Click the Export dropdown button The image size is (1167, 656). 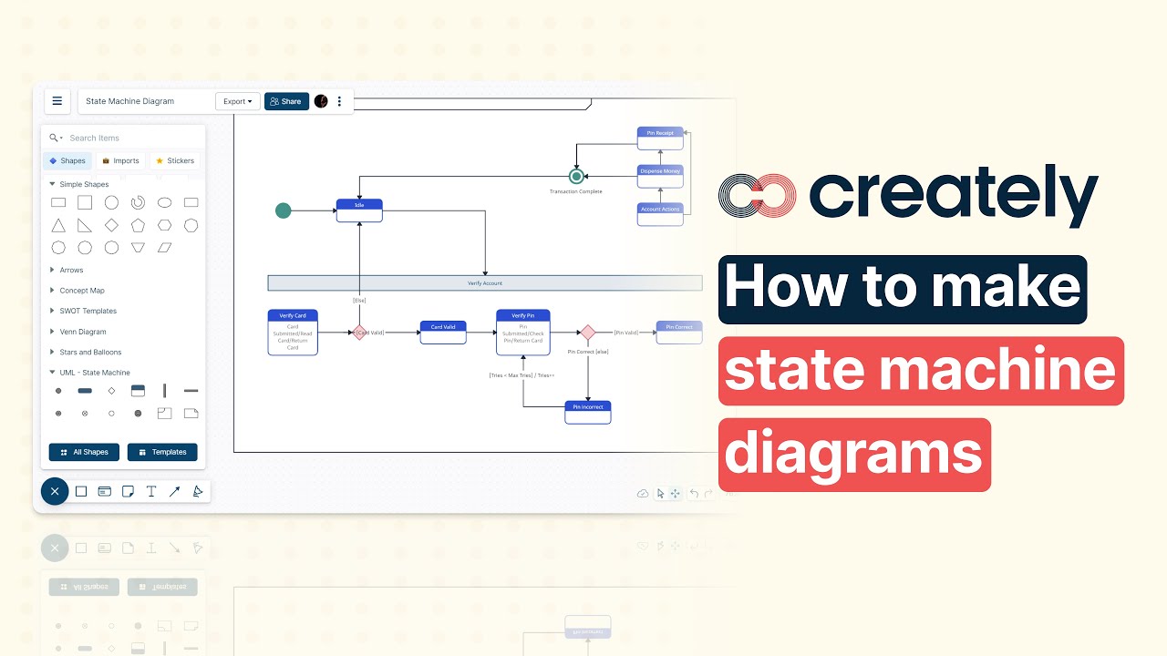[x=238, y=101]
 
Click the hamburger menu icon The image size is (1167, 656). [x=57, y=101]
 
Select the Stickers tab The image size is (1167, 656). [x=175, y=161]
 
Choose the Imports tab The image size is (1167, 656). [x=120, y=161]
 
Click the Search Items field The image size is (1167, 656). [x=128, y=138]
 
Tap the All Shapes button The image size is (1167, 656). [x=84, y=452]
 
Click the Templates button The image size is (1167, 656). [x=162, y=452]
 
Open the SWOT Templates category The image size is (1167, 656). [x=88, y=311]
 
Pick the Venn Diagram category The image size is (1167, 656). [x=83, y=332]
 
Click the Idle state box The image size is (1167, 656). [x=359, y=210]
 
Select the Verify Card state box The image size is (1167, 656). [x=293, y=332]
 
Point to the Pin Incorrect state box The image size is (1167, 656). [x=587, y=412]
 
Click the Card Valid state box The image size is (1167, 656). [x=443, y=332]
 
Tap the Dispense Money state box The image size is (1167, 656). [x=660, y=176]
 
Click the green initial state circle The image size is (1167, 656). [x=284, y=210]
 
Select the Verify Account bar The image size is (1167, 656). [x=484, y=283]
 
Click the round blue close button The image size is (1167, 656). [x=55, y=492]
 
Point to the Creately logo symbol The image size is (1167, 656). [x=757, y=196]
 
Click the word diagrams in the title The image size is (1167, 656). [x=853, y=455]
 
